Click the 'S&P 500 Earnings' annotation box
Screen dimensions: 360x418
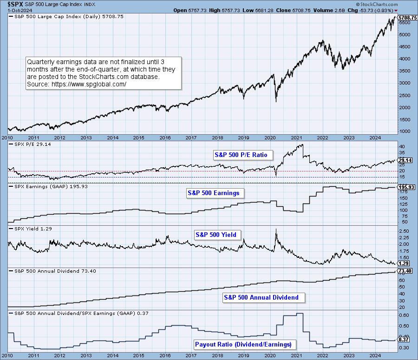pyautogui.click(x=215, y=192)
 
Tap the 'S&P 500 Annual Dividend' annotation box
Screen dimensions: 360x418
pyautogui.click(x=261, y=297)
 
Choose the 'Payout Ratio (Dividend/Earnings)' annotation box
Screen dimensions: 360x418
pyautogui.click(x=243, y=344)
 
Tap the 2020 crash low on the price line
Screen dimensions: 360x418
pyautogui.click(x=276, y=102)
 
